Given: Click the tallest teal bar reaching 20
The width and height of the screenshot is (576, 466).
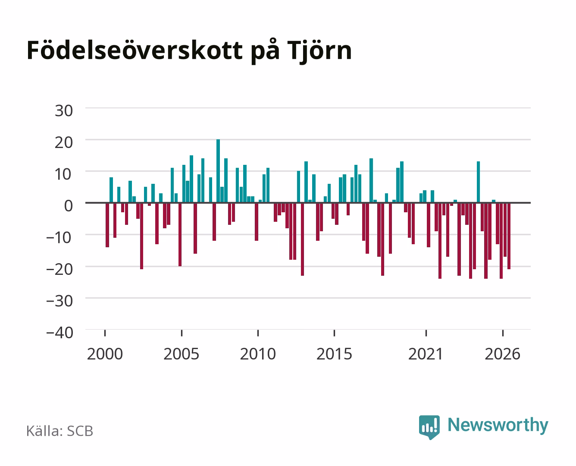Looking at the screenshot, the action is [x=218, y=171].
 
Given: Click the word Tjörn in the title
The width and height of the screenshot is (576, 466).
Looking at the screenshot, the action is [x=319, y=50].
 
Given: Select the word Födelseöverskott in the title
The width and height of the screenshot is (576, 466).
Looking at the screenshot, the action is [x=135, y=50].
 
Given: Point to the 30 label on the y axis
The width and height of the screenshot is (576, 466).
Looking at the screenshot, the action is [x=64, y=111].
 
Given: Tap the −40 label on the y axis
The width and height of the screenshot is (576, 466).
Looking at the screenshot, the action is [x=60, y=333].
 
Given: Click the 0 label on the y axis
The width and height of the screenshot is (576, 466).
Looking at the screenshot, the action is [x=69, y=206].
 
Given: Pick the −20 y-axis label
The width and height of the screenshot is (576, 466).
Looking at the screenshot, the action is [x=60, y=269].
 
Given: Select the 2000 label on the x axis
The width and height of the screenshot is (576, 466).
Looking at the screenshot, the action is [x=105, y=354].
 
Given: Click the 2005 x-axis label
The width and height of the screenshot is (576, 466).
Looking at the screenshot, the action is [x=182, y=354].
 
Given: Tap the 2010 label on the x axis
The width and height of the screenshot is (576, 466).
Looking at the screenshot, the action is [x=258, y=354].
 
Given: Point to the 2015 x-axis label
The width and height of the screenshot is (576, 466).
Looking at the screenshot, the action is [x=335, y=354].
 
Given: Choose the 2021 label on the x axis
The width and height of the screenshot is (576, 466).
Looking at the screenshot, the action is [x=426, y=354].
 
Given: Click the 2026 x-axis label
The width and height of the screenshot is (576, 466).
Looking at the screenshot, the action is [x=503, y=354].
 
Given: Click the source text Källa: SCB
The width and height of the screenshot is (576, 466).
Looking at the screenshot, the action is [x=60, y=431].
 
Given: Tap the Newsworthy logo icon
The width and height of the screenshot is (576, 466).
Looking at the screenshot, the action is [x=429, y=427].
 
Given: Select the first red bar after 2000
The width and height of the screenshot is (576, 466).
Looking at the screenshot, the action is [x=107, y=225].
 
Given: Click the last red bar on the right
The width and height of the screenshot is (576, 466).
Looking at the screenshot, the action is [x=509, y=236].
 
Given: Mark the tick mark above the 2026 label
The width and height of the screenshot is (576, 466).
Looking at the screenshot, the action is [x=503, y=333].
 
